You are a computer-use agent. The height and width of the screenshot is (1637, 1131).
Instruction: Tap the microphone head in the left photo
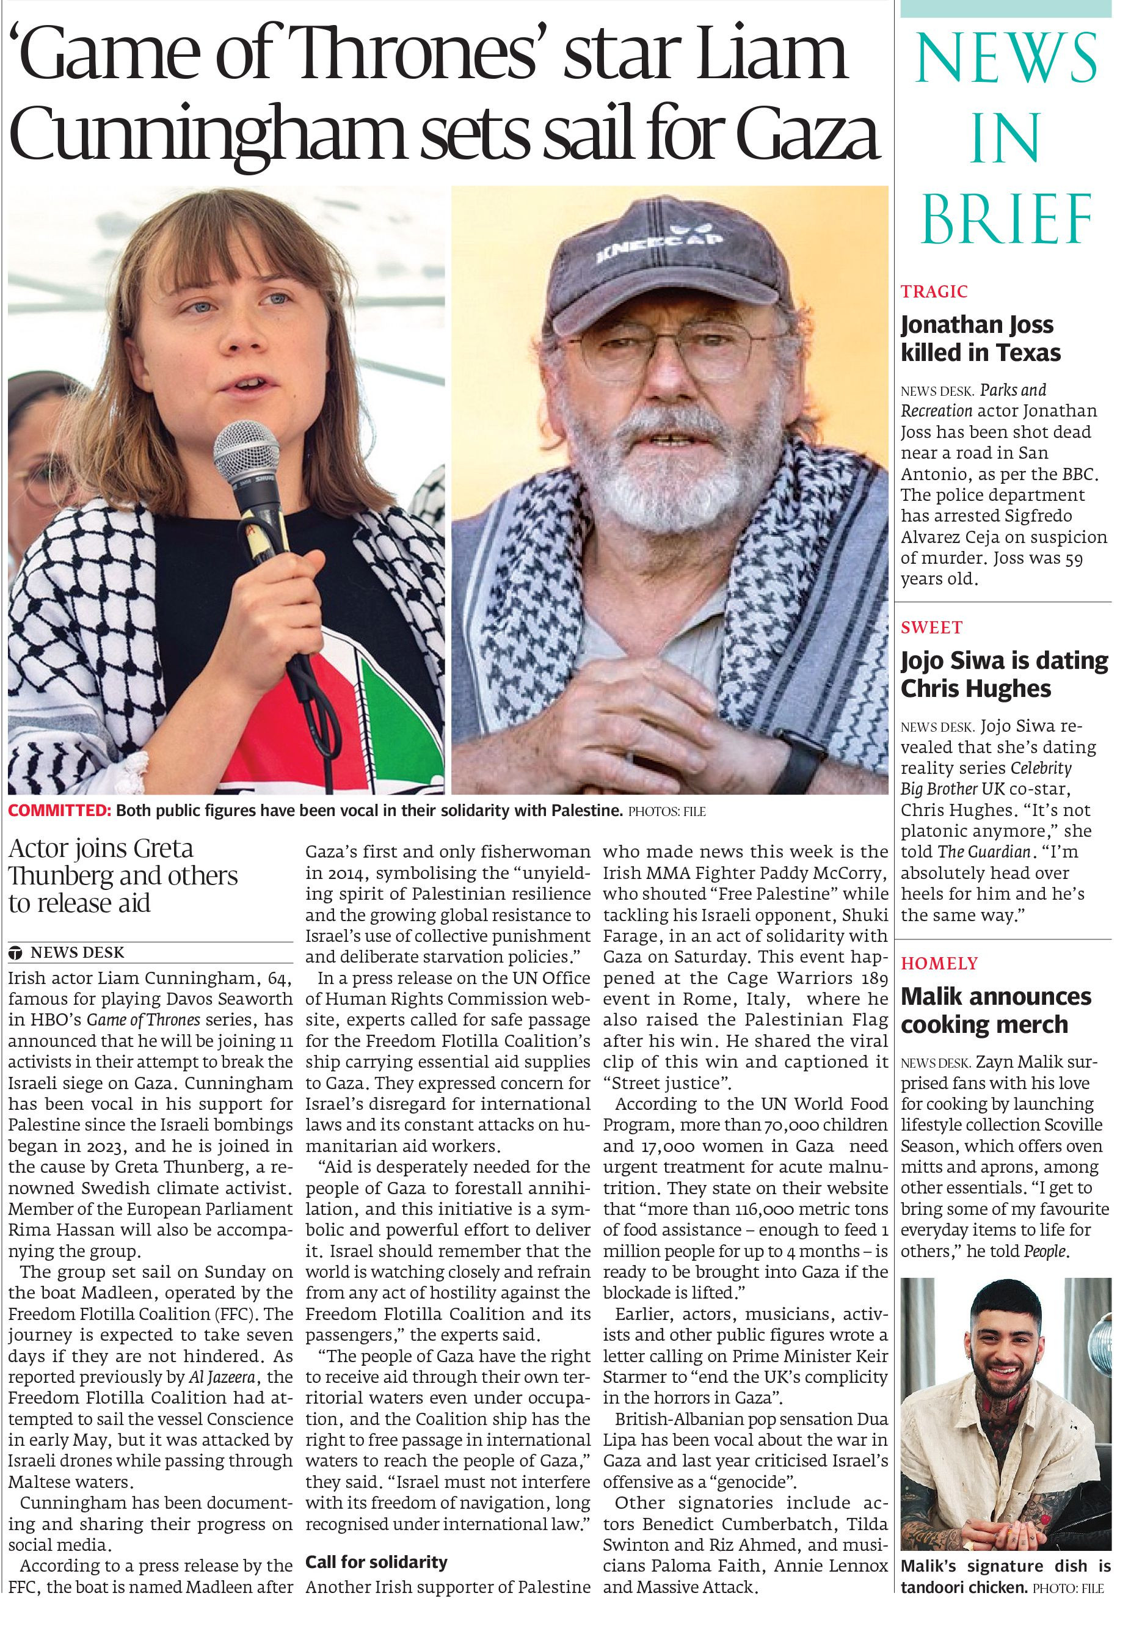246,454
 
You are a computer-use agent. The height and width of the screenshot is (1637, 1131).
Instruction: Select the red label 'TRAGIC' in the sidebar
934,291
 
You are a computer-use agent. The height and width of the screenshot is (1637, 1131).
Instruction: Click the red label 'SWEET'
931,627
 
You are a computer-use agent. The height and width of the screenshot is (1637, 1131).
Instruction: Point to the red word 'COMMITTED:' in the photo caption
59,811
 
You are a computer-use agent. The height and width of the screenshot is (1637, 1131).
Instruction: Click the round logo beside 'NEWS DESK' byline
16,953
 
